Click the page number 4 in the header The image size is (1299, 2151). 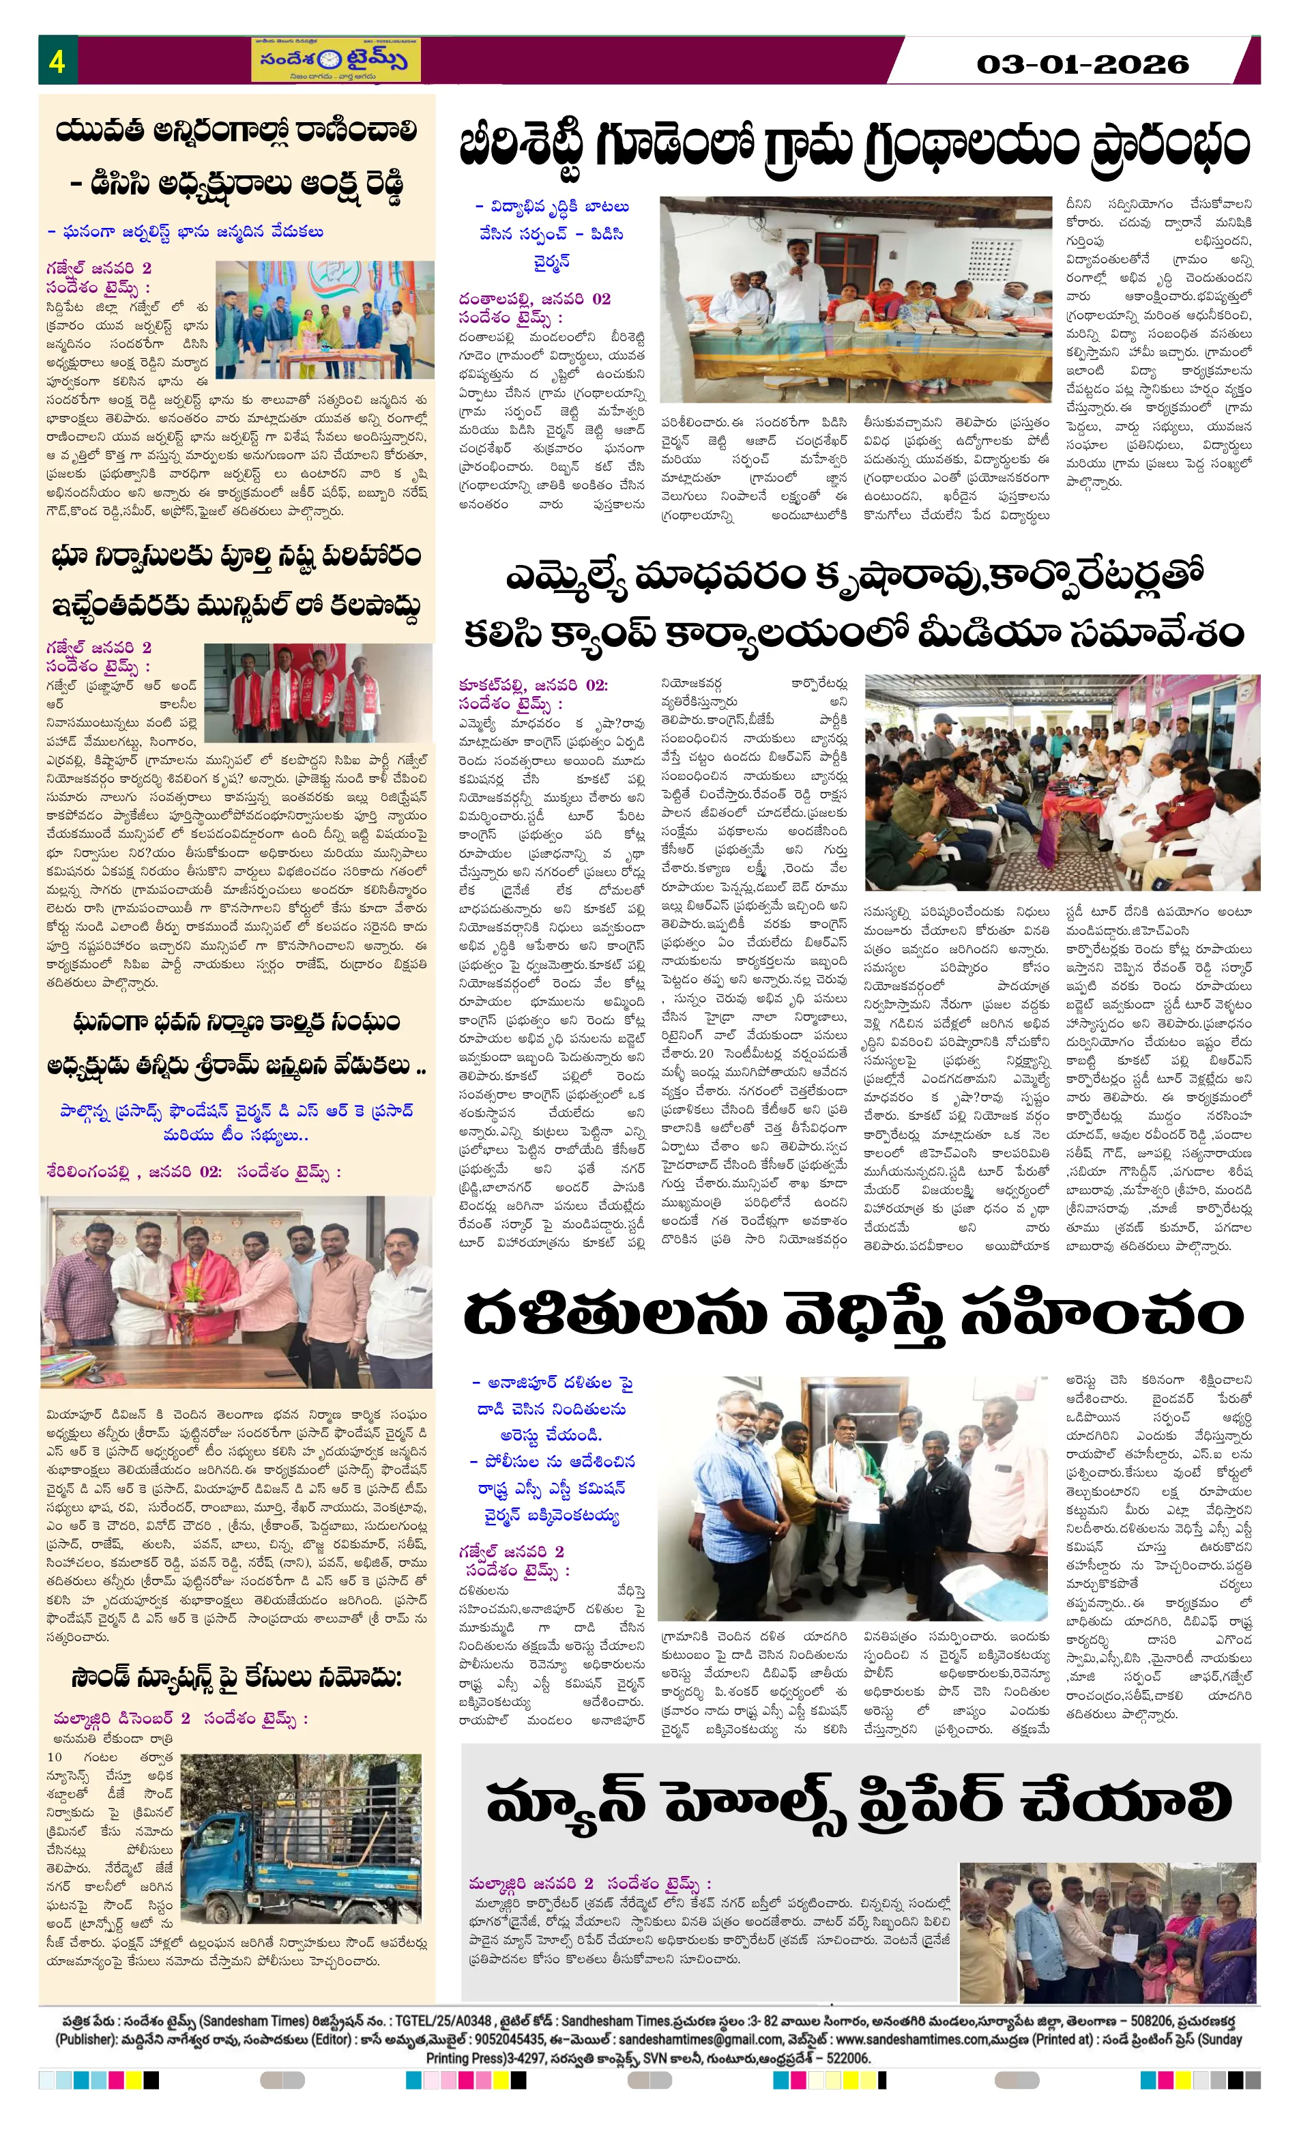57,61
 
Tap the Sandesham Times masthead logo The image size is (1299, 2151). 336,59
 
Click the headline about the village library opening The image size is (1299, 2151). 853,145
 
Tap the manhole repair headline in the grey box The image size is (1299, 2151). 859,1800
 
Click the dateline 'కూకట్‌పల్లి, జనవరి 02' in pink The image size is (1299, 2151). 534,684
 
